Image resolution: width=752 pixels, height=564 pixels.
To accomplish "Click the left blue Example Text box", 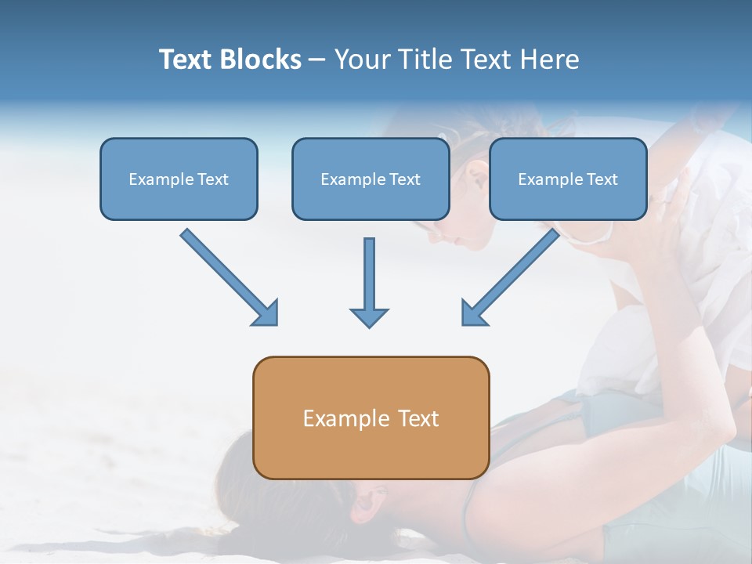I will [179, 179].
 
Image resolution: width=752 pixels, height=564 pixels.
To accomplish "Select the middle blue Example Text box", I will [371, 179].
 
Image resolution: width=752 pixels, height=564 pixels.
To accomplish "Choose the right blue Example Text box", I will [568, 179].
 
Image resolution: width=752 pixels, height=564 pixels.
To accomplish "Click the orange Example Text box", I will [371, 418].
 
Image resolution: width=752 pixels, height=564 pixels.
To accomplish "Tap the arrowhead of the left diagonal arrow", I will [266, 313].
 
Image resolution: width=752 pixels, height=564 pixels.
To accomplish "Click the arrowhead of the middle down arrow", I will [369, 316].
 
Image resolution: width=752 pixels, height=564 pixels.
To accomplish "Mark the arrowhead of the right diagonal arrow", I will [473, 313].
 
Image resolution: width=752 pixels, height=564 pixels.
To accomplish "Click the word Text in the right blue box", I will [602, 179].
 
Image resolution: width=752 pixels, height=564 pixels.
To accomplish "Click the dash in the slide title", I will [317, 60].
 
